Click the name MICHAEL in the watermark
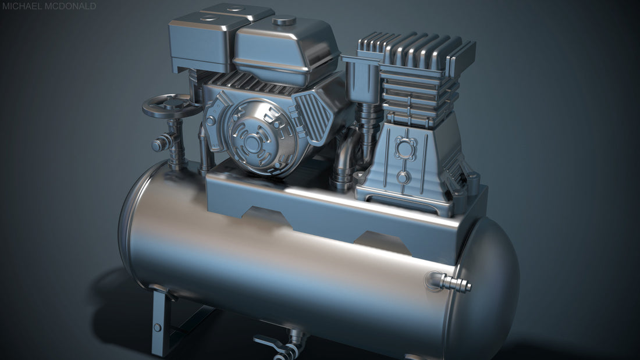(20, 6)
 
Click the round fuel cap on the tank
(284, 21)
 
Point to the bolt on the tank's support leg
(157, 327)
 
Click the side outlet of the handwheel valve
(158, 144)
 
